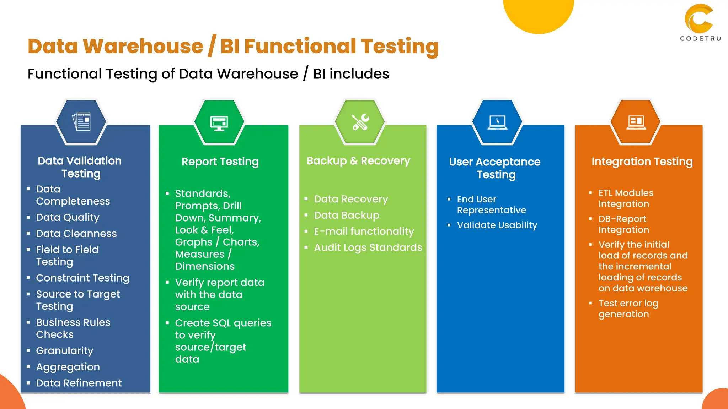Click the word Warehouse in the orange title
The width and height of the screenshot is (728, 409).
[x=143, y=47]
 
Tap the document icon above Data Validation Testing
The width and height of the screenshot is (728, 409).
[x=81, y=122]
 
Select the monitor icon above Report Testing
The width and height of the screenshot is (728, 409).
[x=219, y=123]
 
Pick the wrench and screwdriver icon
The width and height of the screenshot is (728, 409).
[x=360, y=122]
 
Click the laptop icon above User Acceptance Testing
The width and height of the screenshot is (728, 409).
[x=497, y=122]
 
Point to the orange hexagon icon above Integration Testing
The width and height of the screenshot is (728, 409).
[x=636, y=122]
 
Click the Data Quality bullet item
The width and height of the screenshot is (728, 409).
[x=68, y=217]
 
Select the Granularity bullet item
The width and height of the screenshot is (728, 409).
[x=64, y=351]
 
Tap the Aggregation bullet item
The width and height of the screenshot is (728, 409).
[x=68, y=367]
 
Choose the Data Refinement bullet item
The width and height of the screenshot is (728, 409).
[x=79, y=383]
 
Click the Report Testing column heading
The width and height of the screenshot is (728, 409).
[x=220, y=162]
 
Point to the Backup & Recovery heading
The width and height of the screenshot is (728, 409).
[x=358, y=161]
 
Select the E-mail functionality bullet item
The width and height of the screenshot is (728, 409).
[x=364, y=231]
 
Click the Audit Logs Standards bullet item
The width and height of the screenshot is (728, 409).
[x=368, y=247]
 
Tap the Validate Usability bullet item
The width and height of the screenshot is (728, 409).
[x=497, y=225]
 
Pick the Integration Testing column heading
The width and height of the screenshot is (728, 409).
[x=642, y=162]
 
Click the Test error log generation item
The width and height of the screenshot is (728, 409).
[x=628, y=309]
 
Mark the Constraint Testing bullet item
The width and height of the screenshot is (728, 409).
[x=82, y=278]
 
